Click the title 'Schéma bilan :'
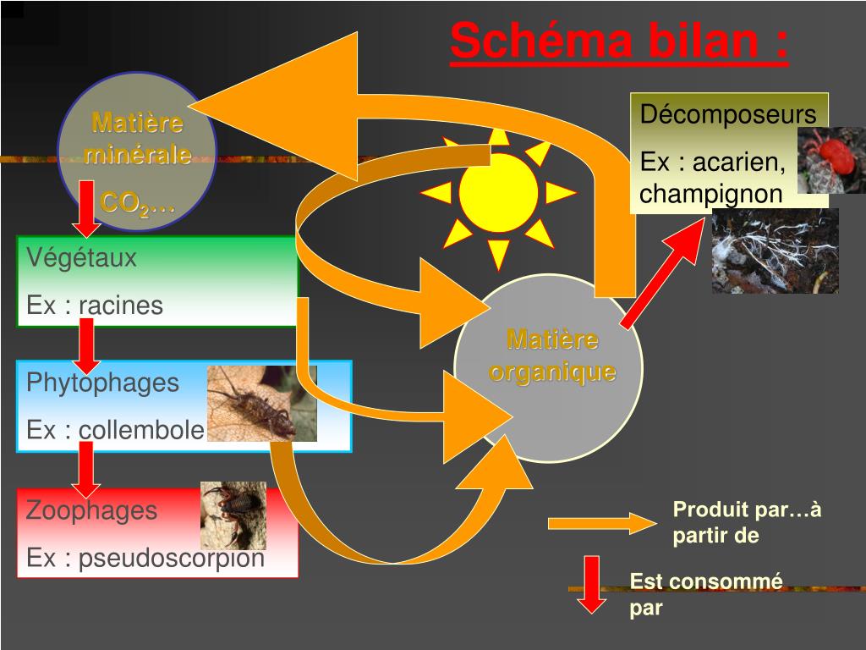[x=620, y=41]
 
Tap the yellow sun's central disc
[x=499, y=193]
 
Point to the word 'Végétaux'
[x=81, y=258]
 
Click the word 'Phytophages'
[x=103, y=383]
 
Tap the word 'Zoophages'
[x=91, y=510]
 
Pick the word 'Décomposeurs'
[x=728, y=114]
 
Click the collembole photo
[x=261, y=404]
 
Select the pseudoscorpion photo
[x=233, y=515]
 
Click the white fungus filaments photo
[x=775, y=251]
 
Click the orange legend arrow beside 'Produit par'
[x=601, y=524]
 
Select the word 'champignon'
[x=711, y=194]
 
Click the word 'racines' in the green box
[x=121, y=306]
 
